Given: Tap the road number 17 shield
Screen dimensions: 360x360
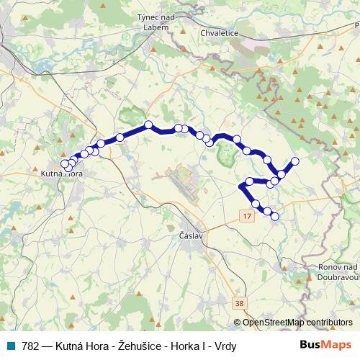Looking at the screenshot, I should click(248, 216).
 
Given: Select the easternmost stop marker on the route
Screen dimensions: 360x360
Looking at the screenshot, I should click(295, 161).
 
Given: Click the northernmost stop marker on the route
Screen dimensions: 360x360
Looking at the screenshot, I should click(148, 125).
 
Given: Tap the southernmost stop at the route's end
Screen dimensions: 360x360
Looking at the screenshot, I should click(274, 216).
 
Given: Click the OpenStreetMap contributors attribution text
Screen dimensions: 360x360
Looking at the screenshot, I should click(297, 323).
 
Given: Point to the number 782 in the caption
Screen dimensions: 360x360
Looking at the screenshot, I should click(30, 346).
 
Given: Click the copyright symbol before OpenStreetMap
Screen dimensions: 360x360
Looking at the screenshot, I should click(238, 323).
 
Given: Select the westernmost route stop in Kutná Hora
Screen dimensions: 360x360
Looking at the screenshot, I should click(65, 164).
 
